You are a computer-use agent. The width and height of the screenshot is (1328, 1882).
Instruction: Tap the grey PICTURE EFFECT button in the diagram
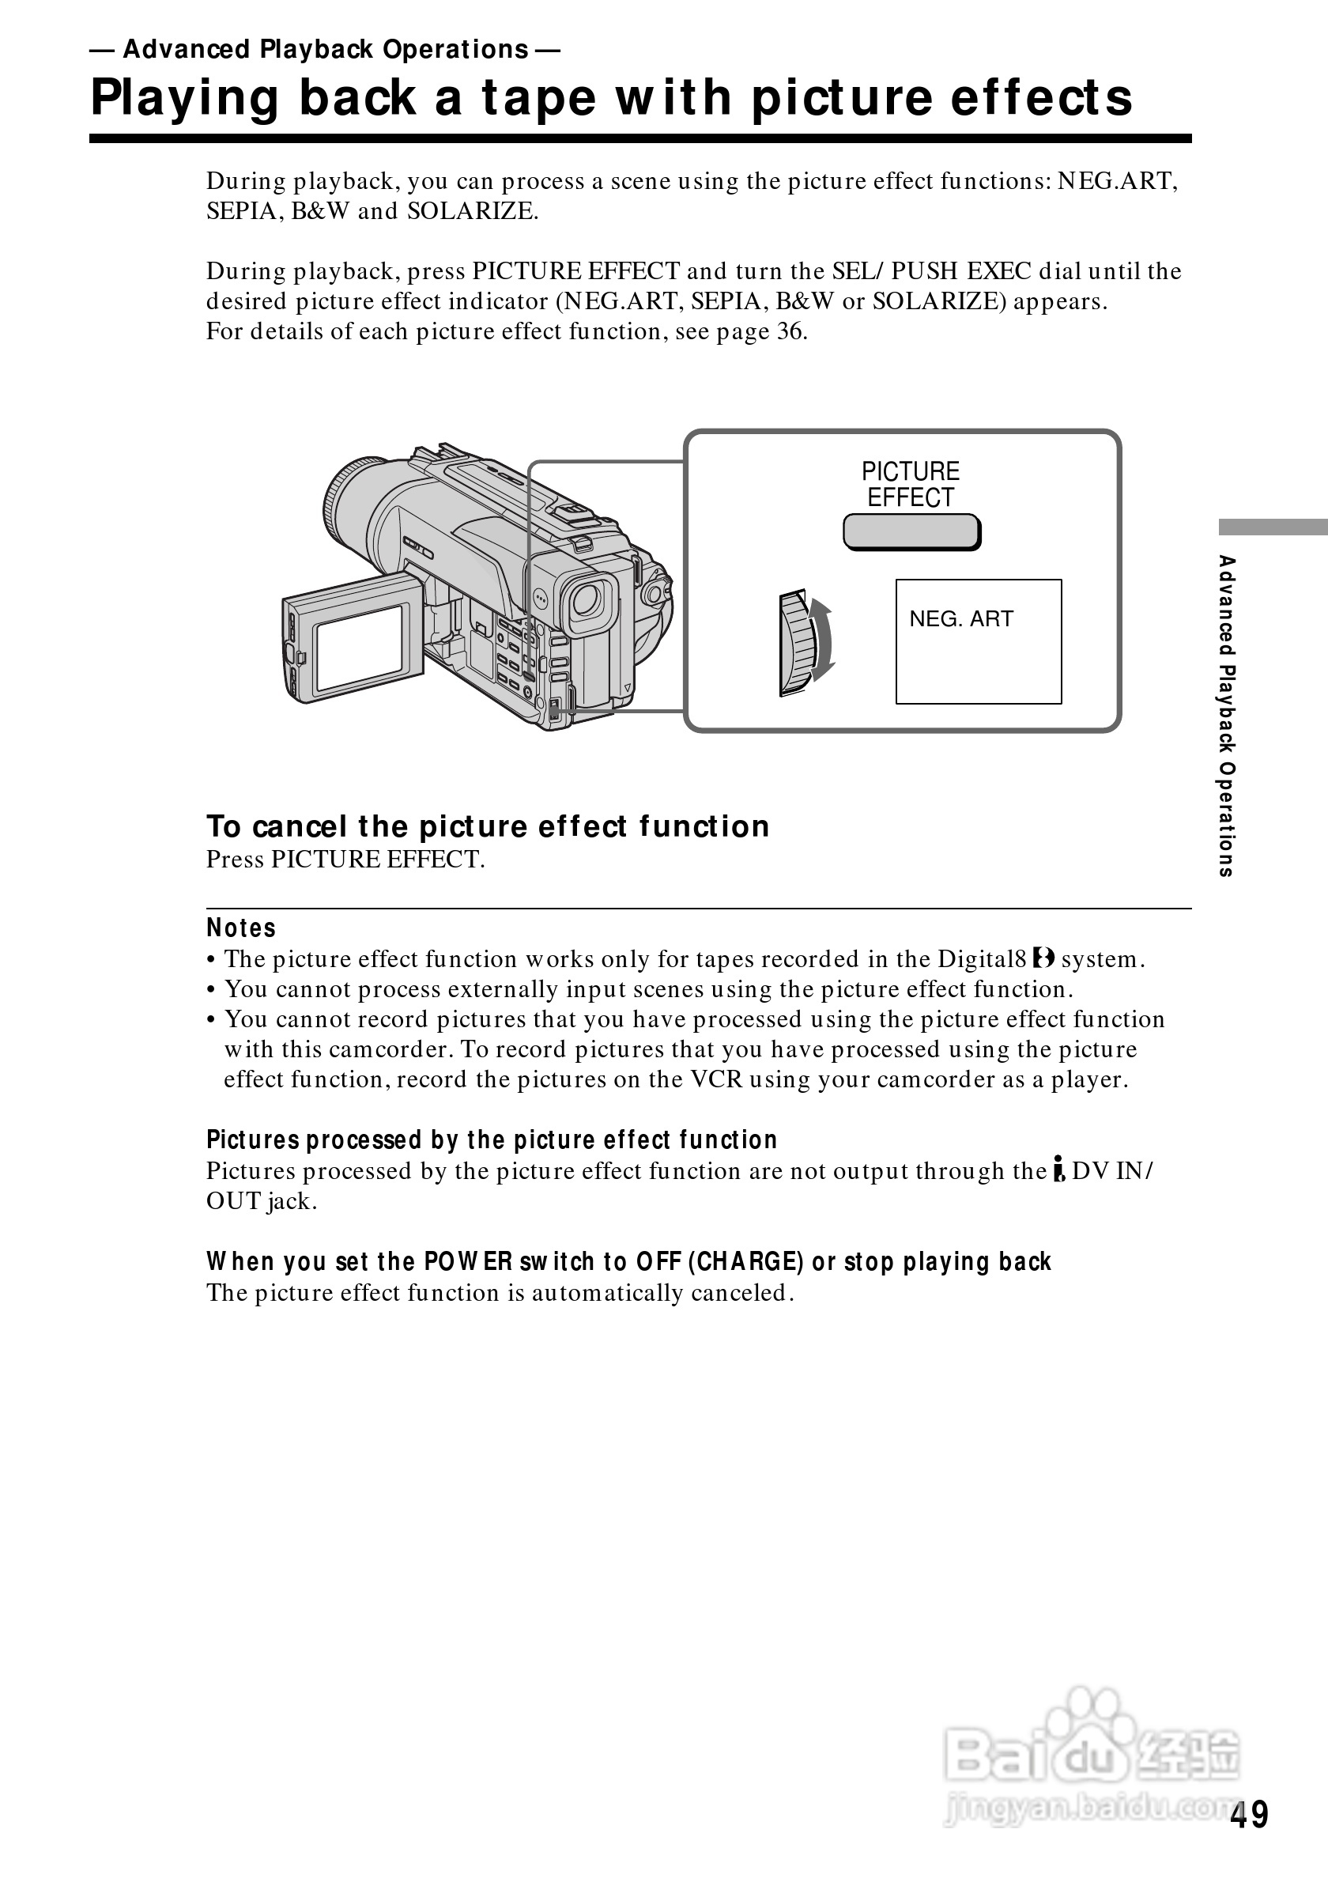coord(911,532)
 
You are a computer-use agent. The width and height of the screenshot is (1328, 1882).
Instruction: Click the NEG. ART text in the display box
coord(961,619)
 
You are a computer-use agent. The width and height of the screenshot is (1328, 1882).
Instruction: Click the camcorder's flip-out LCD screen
coord(359,646)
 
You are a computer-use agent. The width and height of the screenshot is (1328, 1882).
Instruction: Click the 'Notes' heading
coord(241,928)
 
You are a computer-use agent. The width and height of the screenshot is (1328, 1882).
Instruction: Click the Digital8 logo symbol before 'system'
coord(1043,958)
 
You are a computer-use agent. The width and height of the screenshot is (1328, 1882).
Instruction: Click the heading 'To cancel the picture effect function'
coord(488,826)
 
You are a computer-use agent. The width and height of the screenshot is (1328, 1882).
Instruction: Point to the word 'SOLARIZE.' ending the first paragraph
coord(473,211)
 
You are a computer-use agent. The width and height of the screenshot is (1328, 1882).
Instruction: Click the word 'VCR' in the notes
coord(716,1079)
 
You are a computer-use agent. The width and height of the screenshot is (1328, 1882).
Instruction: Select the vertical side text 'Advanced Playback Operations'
coord(1225,716)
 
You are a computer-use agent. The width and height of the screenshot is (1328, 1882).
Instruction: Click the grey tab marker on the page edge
coord(1273,527)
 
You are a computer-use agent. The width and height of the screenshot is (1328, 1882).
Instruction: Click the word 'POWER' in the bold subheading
coord(468,1261)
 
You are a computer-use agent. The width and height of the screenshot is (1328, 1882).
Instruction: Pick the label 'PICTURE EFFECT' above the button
coord(910,485)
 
